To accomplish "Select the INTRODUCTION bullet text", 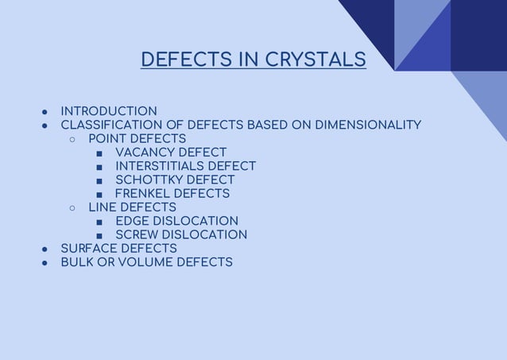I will [109, 111].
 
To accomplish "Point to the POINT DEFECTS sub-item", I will [137, 139].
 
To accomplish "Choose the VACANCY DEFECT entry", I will [171, 153].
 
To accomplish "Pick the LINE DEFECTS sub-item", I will [132, 207].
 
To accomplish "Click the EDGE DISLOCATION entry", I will [176, 221].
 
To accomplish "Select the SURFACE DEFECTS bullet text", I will [119, 249].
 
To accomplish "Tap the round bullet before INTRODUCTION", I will [45, 112].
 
